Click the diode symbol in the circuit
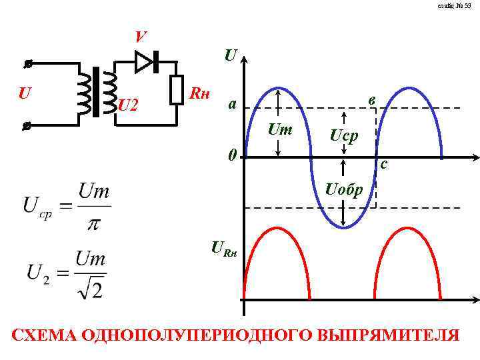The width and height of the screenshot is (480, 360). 145,62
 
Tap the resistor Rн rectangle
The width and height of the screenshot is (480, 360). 177,90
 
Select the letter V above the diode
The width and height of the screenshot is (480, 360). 140,37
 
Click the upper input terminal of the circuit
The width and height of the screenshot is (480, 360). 29,65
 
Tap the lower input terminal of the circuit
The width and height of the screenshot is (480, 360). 27,125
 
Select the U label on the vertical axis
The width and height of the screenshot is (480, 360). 230,55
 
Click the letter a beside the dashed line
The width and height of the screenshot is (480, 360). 231,105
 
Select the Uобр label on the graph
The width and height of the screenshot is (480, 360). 344,190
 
